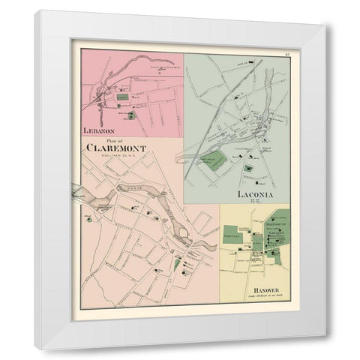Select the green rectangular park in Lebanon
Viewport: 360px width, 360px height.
click(x=122, y=97)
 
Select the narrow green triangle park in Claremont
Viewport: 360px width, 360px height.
click(x=177, y=263)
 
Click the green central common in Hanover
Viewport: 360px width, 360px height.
click(x=257, y=242)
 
